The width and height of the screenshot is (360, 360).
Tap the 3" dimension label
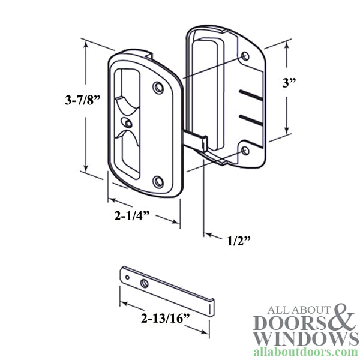[x=292, y=85]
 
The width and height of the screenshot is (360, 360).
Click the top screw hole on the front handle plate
[x=158, y=88]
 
